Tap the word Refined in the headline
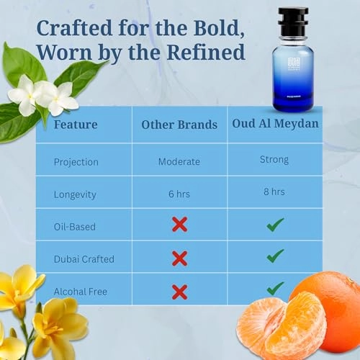coord(208,53)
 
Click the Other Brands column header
coord(179,125)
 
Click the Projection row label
coord(76,161)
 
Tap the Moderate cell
coord(179,161)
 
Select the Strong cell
coord(274,160)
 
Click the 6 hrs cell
coord(179,194)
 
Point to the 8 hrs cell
coord(274,192)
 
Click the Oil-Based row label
coord(74,226)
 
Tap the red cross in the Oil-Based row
coord(179,225)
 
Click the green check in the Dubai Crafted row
coord(274,256)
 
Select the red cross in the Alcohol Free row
coord(179,291)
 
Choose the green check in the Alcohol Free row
coord(274,288)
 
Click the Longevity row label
coord(76,194)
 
